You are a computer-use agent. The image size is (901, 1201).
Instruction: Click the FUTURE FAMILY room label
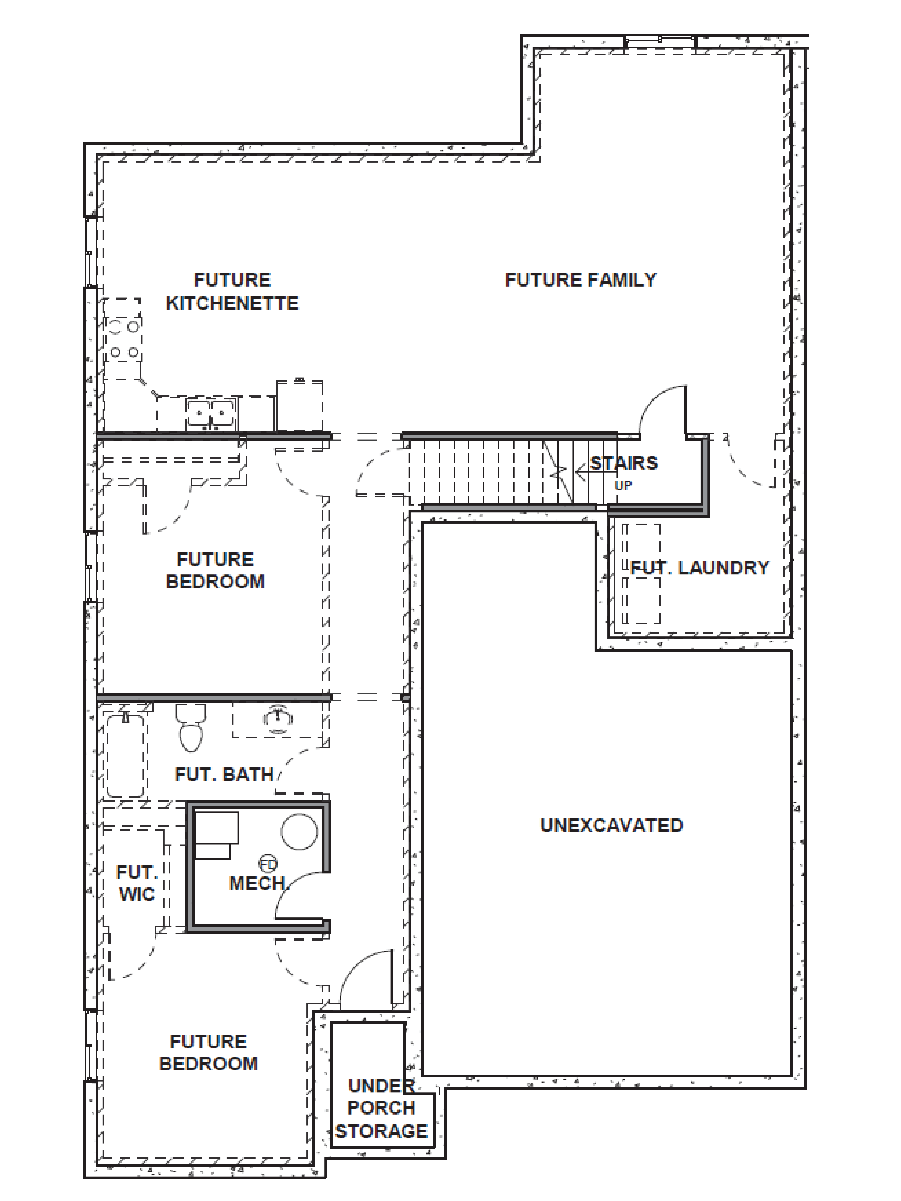[x=581, y=280]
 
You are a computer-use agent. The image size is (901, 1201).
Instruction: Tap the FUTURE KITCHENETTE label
[x=232, y=292]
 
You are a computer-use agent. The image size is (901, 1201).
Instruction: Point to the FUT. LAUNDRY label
[x=700, y=568]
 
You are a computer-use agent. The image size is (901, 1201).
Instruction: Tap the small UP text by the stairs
[x=623, y=485]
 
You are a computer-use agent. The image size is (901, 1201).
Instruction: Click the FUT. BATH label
[x=224, y=775]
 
